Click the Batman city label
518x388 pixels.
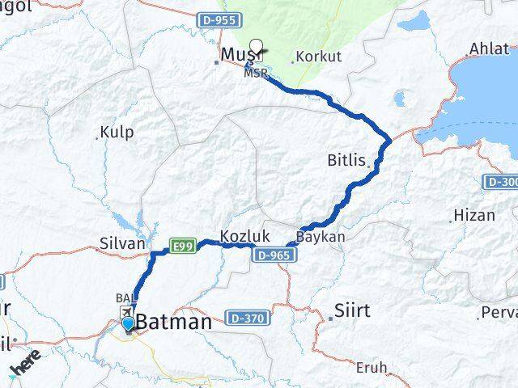coord(174,322)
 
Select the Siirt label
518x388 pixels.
coord(353,310)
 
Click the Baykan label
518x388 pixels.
coord(321,238)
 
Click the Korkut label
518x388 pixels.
coord(319,57)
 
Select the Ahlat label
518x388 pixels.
coord(488,48)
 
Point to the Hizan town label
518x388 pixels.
coord(473,216)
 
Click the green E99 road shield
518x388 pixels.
coord(183,246)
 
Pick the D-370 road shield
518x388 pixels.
coord(246,318)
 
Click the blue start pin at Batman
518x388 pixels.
coord(128,325)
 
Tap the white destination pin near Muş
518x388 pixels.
coord(257,47)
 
